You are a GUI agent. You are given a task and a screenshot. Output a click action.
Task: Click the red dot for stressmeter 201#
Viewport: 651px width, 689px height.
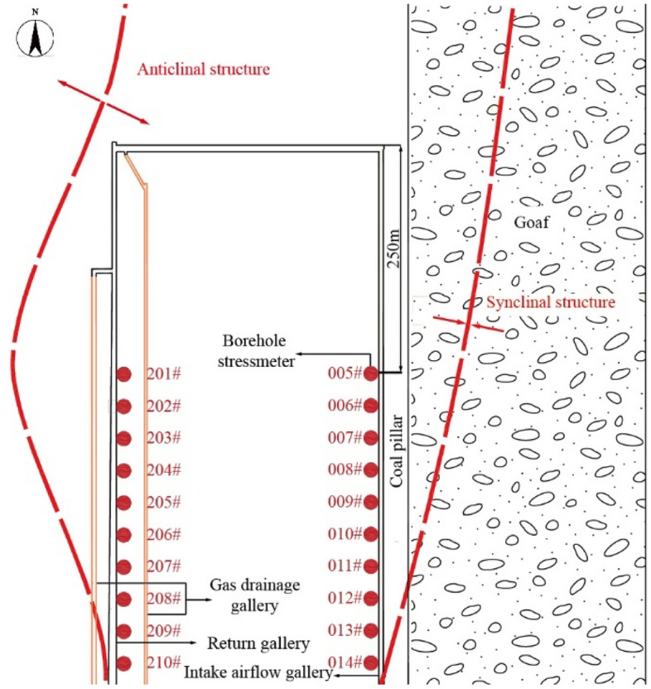coord(124,374)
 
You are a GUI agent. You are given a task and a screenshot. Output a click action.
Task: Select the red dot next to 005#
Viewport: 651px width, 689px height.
coord(370,373)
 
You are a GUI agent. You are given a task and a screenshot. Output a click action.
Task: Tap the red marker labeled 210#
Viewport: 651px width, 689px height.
coord(124,662)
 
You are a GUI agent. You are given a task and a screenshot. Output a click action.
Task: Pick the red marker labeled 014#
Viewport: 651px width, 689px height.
coord(370,662)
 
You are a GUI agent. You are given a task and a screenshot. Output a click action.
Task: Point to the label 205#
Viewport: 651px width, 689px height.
coord(163,503)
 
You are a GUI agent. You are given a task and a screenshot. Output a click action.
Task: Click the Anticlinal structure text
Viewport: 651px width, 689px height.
coord(204,70)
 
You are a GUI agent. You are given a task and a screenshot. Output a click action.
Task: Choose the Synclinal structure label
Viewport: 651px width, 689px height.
coord(550,302)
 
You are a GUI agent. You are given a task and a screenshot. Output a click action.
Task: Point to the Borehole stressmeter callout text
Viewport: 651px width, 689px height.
coord(258,349)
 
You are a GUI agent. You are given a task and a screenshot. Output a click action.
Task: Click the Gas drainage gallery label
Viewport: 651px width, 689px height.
coord(244,595)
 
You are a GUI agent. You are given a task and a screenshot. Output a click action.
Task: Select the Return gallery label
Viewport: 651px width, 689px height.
coord(258,643)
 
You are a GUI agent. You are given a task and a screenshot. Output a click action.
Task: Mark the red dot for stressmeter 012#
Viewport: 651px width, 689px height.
coord(370,598)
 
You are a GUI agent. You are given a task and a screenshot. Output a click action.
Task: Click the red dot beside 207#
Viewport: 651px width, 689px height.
coord(124,567)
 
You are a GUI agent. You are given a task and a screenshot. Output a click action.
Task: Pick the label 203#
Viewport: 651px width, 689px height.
coord(163,438)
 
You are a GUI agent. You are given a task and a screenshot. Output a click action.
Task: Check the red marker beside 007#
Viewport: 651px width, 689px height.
coord(370,438)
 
